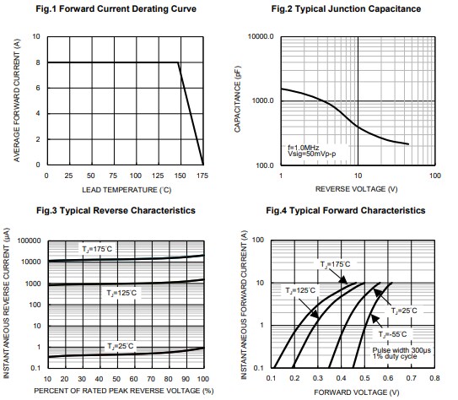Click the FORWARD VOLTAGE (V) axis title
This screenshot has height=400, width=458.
tap(354, 391)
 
